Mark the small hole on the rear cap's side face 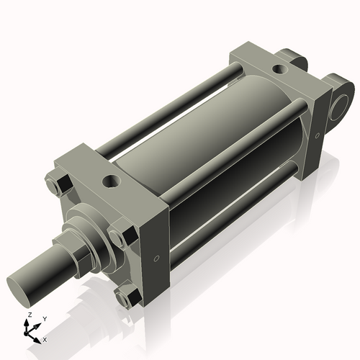click(x=315, y=135)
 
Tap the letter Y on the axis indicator click(x=44, y=318)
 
